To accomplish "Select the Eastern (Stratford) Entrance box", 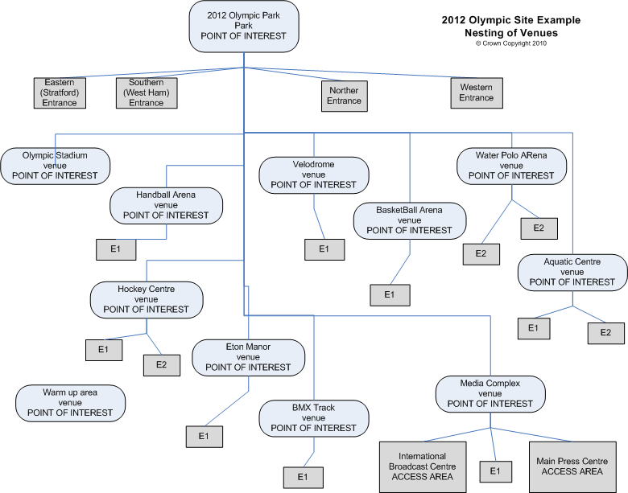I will (x=60, y=92).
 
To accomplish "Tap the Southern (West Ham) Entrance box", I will (x=147, y=92).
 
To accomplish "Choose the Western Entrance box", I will (x=477, y=92).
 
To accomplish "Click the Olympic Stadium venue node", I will (x=55, y=165).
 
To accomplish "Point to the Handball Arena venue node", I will (x=166, y=204).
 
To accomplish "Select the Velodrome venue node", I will (x=313, y=175).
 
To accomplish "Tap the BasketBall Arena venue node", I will (x=410, y=220).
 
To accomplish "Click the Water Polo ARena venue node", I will (x=511, y=165).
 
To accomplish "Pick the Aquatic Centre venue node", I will (x=572, y=272).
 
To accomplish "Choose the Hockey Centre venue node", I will (x=147, y=299).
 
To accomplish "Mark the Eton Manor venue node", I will (x=248, y=357).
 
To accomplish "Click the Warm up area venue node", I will (x=71, y=402).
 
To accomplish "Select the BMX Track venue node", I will (x=313, y=418).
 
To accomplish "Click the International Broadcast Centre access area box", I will (x=423, y=466).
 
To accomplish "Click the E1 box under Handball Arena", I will (x=116, y=249).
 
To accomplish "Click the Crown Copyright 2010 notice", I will (x=510, y=43).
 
